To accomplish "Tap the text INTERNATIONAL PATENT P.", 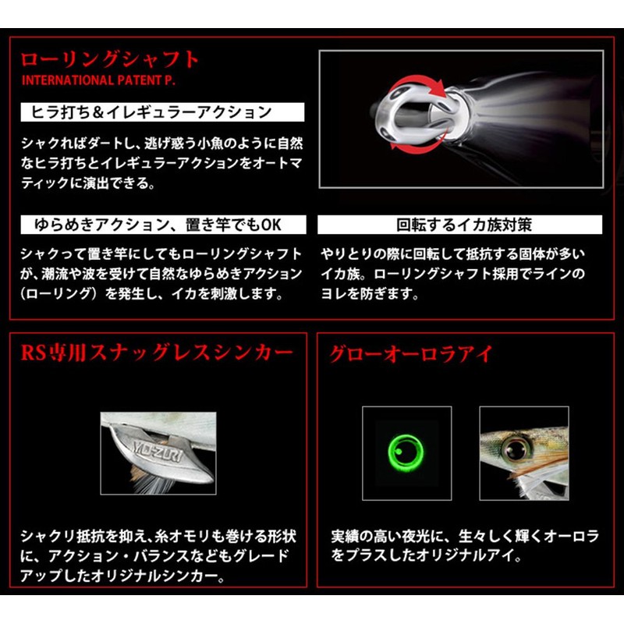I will [x=88, y=80].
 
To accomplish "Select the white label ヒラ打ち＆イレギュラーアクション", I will [x=151, y=112].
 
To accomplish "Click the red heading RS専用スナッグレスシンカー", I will [x=157, y=353].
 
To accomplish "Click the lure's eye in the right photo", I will [x=515, y=448].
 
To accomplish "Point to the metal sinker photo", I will [x=158, y=452].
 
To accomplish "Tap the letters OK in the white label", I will [x=271, y=225].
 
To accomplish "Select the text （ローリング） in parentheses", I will [x=59, y=295].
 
